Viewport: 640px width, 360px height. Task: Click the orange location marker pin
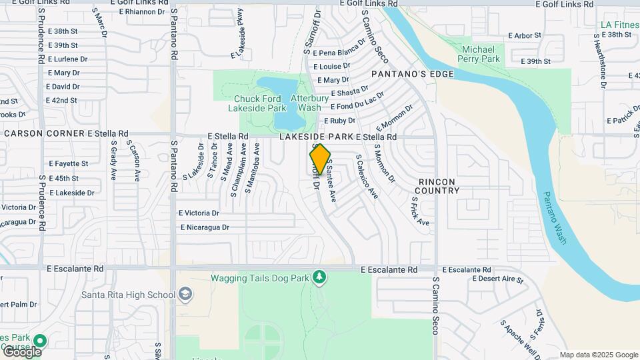click(x=320, y=159)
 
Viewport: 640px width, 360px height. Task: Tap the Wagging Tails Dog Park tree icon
click(x=320, y=277)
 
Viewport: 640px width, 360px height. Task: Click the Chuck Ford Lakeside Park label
click(x=257, y=103)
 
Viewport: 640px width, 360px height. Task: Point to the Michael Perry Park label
click(x=479, y=54)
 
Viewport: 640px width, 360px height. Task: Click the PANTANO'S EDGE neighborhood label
click(x=412, y=74)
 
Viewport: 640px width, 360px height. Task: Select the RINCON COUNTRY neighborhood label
click(x=439, y=186)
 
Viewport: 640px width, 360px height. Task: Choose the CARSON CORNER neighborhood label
click(x=43, y=133)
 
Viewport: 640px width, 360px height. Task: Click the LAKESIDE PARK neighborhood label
click(x=316, y=137)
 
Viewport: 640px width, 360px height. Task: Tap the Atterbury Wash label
click(x=310, y=103)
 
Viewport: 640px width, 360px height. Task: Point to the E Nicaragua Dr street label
click(x=205, y=227)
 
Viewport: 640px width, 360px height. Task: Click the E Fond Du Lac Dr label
click(x=357, y=101)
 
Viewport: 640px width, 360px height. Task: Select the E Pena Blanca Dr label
click(x=339, y=47)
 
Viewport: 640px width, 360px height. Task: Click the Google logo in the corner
click(x=21, y=351)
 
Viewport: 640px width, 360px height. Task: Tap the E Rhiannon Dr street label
click(x=142, y=11)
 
